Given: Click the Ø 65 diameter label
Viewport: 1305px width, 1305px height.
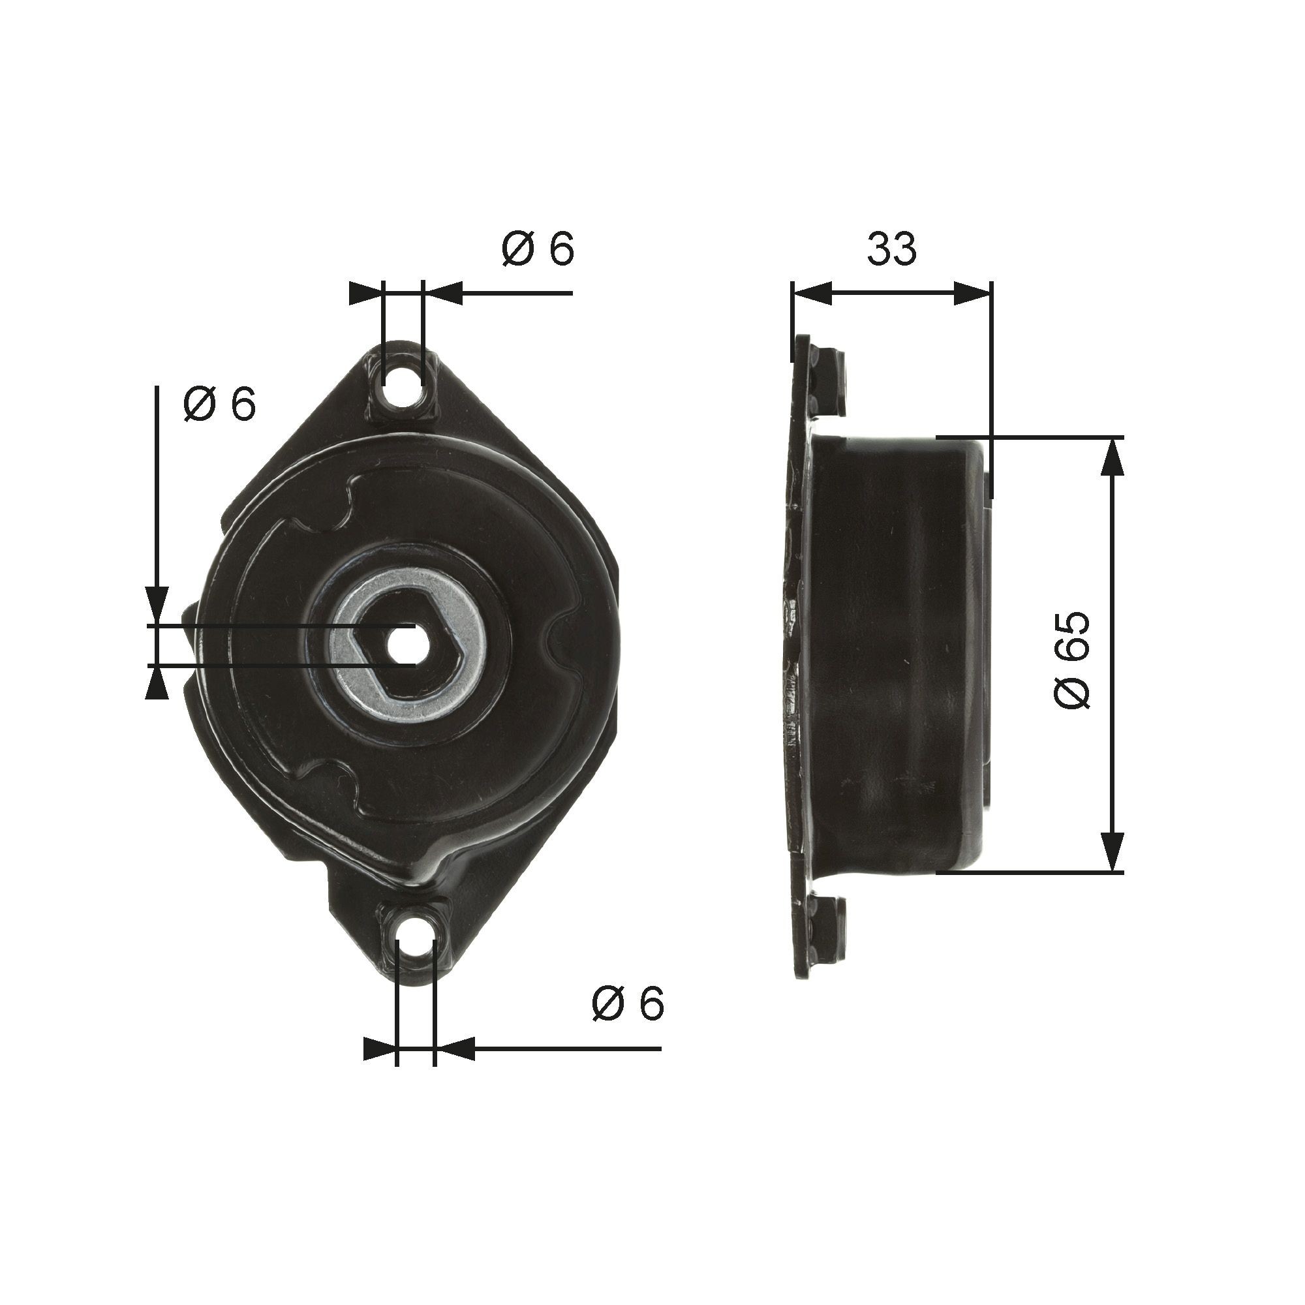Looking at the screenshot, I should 1073,660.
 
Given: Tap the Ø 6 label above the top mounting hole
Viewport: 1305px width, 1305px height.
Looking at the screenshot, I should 538,249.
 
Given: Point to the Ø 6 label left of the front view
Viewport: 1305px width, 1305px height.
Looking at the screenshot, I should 219,405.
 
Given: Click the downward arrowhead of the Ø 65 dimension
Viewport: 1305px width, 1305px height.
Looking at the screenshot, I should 1113,852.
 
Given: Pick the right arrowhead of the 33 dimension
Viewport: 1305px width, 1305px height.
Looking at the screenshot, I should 973,293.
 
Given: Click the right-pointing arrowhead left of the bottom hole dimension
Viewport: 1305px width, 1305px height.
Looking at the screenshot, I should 379,1048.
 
